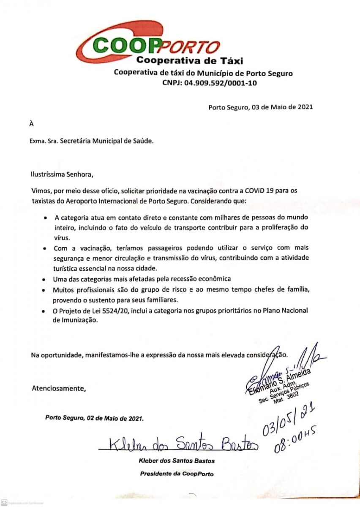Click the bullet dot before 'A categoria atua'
[45, 219]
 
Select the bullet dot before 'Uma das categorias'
[45, 280]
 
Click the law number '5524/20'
[111, 311]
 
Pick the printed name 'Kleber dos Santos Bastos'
[177, 461]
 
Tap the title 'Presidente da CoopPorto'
[177, 474]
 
